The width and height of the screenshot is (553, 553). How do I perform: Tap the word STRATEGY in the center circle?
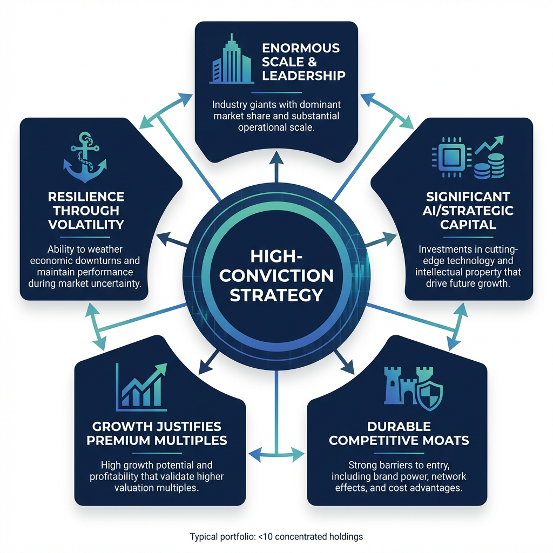click(x=276, y=295)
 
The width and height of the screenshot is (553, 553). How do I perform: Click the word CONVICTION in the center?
click(x=276, y=275)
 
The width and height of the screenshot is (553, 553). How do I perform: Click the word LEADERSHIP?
click(x=304, y=75)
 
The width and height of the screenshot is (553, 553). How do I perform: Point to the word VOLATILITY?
click(x=86, y=224)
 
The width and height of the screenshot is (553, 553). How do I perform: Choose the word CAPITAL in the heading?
click(x=468, y=224)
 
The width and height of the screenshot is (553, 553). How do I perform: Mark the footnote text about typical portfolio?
click(x=276, y=537)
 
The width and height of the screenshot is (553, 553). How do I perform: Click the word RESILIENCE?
click(x=86, y=196)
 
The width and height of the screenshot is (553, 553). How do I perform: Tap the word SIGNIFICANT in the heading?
click(x=468, y=196)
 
